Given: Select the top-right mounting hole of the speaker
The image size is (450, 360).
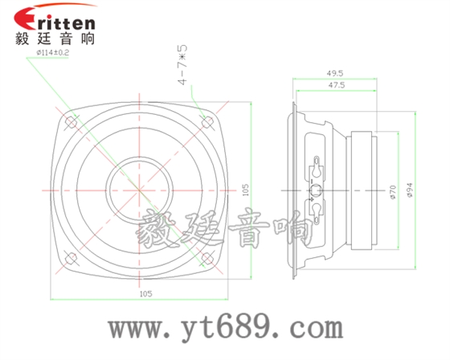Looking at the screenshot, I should click(x=211, y=121).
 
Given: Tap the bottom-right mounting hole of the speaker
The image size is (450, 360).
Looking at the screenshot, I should click(x=211, y=258).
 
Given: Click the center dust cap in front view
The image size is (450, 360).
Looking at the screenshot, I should click(x=141, y=190).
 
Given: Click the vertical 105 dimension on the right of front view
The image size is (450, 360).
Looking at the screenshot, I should click(x=244, y=190).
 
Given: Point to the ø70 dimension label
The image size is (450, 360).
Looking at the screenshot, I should click(x=392, y=190).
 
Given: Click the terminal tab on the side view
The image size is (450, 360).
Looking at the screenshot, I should click(x=317, y=190).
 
